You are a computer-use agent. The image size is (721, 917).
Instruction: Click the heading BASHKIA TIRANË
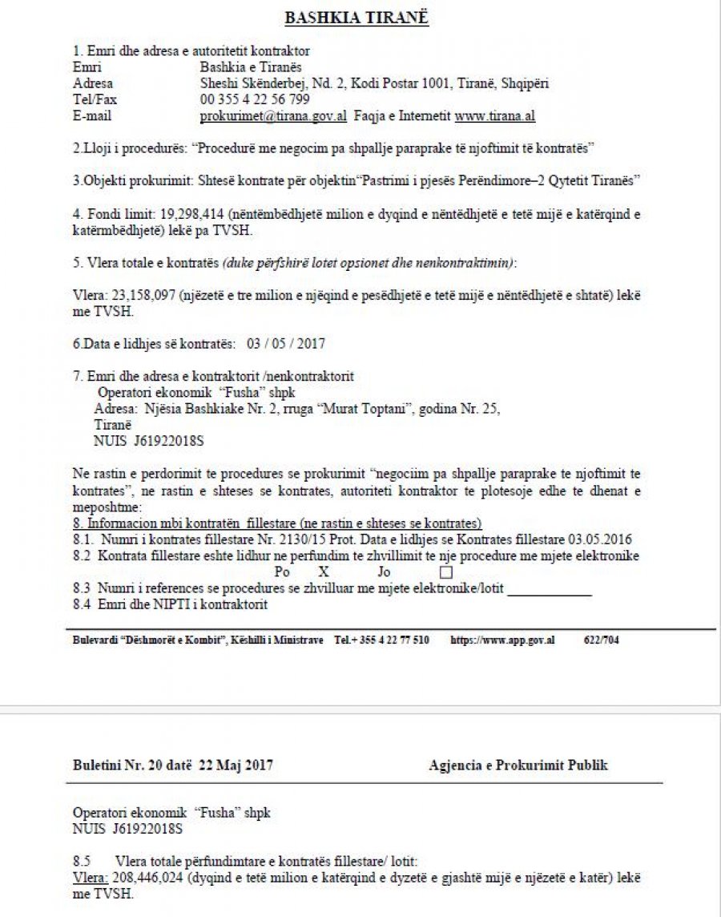tap(356, 18)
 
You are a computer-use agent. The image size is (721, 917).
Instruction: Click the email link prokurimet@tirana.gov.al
tap(273, 115)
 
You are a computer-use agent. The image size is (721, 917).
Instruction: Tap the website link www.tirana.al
tap(495, 115)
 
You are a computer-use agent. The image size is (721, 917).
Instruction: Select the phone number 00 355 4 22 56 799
tap(255, 99)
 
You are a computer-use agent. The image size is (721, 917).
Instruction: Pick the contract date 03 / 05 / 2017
tap(286, 343)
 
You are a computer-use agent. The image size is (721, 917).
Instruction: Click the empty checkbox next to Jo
tap(447, 572)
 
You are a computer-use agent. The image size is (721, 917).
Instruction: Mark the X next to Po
tap(324, 572)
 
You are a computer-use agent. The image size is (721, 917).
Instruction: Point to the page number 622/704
tap(602, 640)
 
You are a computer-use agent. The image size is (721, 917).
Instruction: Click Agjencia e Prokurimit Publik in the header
tap(518, 766)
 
